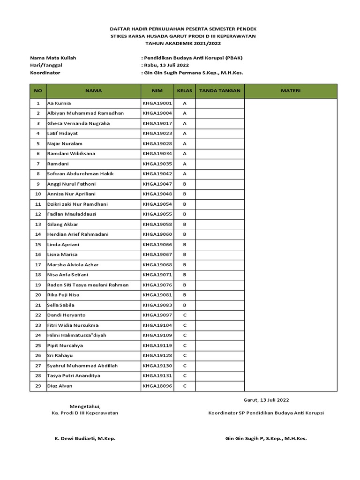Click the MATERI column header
coord(291,91)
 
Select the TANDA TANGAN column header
coord(220,91)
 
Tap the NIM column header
coord(157,91)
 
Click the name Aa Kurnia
coord(60,103)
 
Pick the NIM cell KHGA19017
coord(157,123)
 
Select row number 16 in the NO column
coord(38,255)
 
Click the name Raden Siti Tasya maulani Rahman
coord(88,285)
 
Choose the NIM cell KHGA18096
coord(157,386)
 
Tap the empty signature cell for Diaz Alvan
coord(220,386)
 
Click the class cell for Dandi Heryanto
coord(185,315)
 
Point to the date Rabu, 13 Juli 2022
coord(165,65)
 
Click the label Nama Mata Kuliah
coord(53,58)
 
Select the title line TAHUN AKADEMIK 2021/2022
coord(183,43)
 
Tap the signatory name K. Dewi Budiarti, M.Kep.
coord(85,438)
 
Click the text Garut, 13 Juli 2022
coord(266,400)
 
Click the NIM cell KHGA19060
coord(157,234)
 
